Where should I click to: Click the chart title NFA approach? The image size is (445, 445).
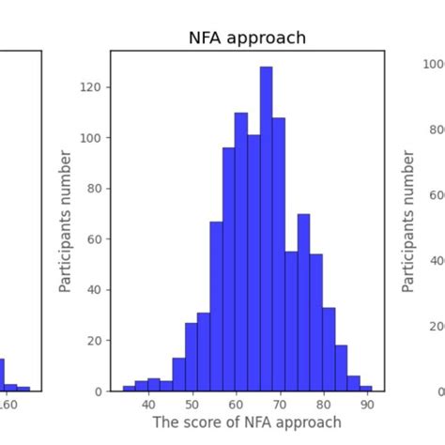click(247, 38)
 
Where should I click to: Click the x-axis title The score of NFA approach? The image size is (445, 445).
click(247, 422)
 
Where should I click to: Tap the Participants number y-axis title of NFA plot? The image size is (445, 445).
click(67, 221)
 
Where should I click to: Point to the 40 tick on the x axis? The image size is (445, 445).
click(148, 405)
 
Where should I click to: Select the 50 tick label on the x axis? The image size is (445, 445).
click(192, 405)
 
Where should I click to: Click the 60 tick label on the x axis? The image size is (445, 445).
click(236, 405)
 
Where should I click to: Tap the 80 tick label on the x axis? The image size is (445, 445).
click(323, 405)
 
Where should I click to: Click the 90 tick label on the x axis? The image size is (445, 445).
click(366, 405)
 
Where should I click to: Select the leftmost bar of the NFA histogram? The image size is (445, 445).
click(129, 389)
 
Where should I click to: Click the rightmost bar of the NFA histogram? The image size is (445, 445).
click(365, 388)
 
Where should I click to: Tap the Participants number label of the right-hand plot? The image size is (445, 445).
click(408, 221)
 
